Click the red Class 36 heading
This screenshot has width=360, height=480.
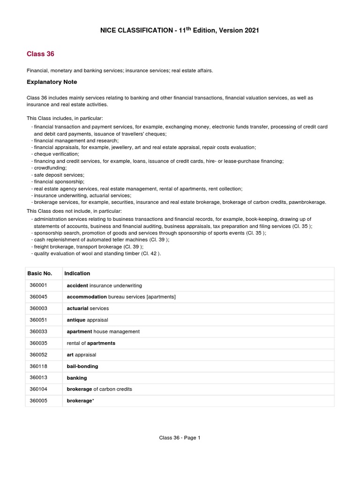click(41, 54)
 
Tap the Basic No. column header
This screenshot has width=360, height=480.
click(40, 273)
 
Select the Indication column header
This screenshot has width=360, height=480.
click(77, 273)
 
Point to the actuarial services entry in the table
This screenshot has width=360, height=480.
click(88, 308)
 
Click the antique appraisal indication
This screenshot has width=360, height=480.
click(87, 320)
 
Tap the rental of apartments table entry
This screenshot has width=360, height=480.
click(91, 343)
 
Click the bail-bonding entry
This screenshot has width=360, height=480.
click(82, 366)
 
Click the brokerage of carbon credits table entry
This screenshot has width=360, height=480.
click(99, 389)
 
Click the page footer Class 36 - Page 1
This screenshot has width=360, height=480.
click(180, 438)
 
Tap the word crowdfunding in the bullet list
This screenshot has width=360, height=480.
click(50, 167)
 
